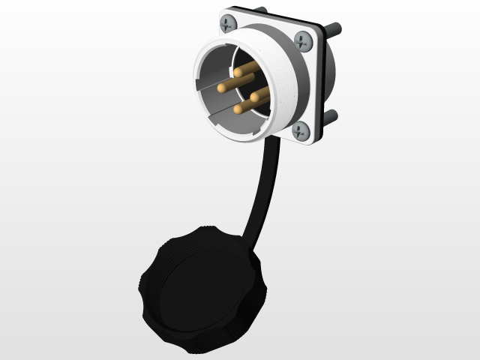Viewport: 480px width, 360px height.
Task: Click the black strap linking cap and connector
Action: click(x=259, y=187)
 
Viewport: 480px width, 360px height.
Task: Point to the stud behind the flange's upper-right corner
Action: click(x=334, y=29)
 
